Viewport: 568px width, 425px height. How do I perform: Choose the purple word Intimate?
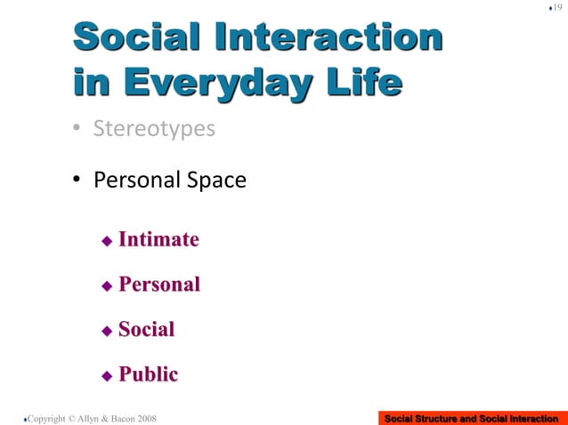click(158, 240)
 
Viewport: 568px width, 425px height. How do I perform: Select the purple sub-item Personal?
click(159, 285)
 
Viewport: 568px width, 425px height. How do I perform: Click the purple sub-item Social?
click(146, 330)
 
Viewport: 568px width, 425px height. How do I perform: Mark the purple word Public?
click(148, 374)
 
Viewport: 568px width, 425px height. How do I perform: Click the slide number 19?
click(556, 8)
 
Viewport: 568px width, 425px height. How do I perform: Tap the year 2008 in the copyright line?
click(147, 418)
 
